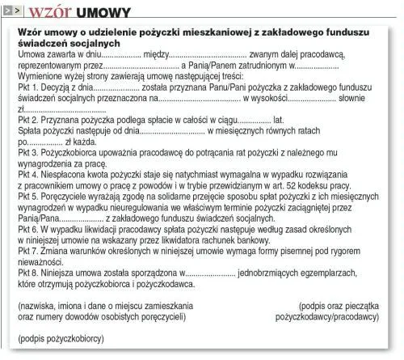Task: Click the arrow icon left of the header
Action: tap(12, 12)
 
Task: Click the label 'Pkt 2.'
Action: tap(30, 119)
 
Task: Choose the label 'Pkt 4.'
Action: tap(30, 174)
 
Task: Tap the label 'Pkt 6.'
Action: tap(30, 230)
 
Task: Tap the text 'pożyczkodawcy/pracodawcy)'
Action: tap(326, 317)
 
